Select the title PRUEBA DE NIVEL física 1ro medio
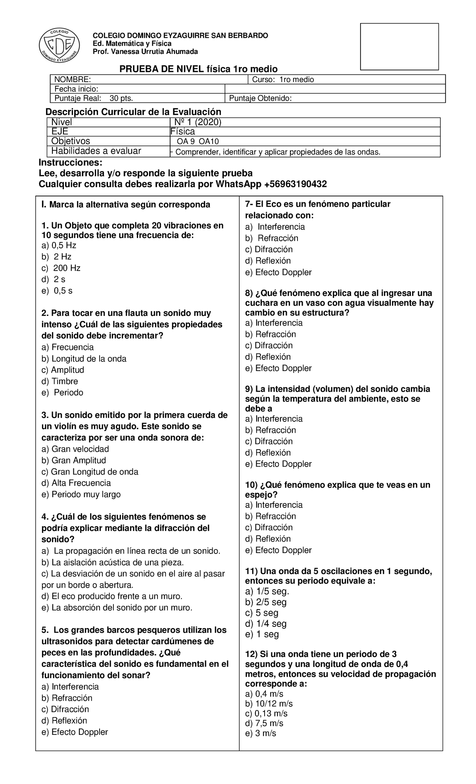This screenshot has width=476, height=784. tap(198, 69)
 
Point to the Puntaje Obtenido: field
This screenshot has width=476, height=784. tap(260, 98)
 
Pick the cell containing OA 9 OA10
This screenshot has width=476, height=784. tap(198, 142)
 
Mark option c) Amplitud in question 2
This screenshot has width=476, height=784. tap(63, 370)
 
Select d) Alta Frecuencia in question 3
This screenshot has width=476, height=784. tap(76, 483)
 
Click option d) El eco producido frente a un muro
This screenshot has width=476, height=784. tap(111, 596)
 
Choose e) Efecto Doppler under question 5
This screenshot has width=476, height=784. tap(75, 732)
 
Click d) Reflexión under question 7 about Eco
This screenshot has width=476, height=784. tap(268, 261)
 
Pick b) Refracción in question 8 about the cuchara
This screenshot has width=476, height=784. tap(271, 334)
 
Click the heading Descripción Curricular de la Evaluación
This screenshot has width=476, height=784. tap(133, 112)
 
